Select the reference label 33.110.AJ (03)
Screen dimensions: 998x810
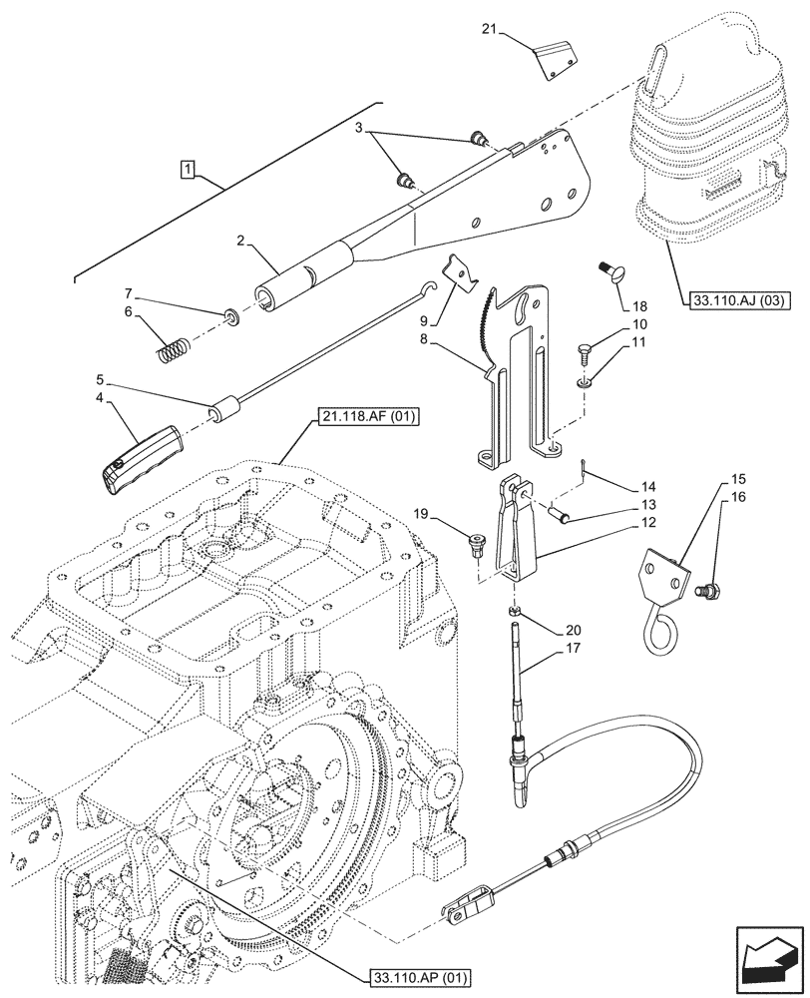click(736, 299)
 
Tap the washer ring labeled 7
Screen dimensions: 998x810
click(231, 317)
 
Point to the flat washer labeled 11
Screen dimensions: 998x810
click(583, 380)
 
